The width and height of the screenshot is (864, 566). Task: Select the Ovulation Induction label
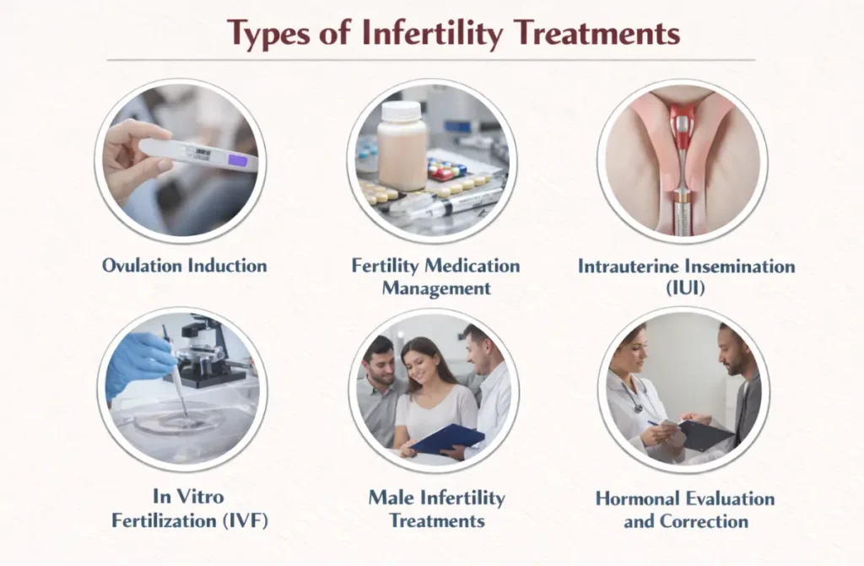coord(184,266)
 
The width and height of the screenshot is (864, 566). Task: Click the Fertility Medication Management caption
coord(435,277)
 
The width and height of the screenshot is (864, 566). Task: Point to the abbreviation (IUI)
coord(685,288)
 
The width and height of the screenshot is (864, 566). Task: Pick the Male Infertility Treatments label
coord(436,508)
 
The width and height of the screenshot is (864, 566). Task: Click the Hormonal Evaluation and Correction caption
coord(684,509)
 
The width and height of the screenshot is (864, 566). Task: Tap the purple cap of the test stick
coord(238,161)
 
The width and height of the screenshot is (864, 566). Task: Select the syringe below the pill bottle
coord(443,203)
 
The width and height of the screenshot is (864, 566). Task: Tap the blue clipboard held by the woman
coord(447,439)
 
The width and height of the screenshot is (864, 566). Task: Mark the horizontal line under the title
coord(431,60)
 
